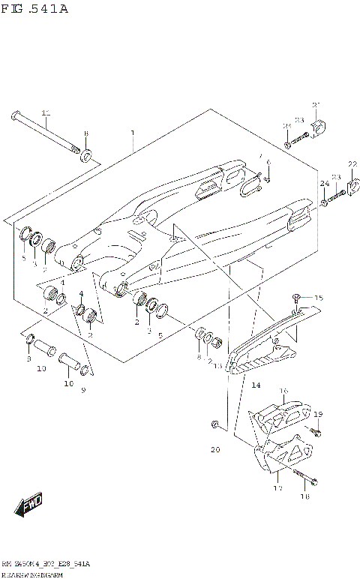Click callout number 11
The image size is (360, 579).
tap(46, 113)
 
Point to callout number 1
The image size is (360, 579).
tap(132, 133)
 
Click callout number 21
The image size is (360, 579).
tap(316, 104)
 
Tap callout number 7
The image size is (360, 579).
tap(260, 157)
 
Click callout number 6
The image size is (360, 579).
tap(268, 163)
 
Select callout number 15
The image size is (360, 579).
tap(318, 298)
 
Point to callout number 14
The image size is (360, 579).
tap(255, 385)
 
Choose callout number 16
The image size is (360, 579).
tap(283, 391)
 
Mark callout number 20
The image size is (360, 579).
tap(215, 449)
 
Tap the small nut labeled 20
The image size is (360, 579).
tap(215, 425)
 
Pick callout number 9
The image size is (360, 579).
tap(82, 390)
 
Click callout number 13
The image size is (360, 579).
tap(217, 366)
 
